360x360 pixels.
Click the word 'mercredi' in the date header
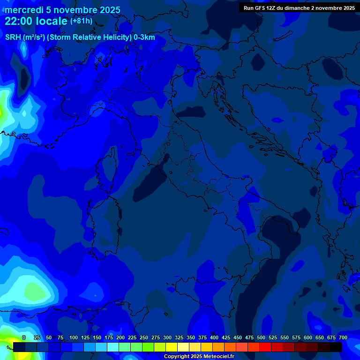point(24,10)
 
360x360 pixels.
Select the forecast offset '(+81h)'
point(81,21)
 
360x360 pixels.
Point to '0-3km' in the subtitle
point(144,37)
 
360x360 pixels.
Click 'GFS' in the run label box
point(260,8)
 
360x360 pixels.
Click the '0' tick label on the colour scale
point(24,337)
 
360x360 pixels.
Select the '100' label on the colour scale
point(74,337)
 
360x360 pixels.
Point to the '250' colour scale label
point(144,337)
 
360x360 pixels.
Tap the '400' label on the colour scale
point(214,337)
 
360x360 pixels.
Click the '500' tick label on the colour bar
point(261,337)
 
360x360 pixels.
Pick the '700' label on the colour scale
point(343,337)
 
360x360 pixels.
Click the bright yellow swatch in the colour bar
point(172,347)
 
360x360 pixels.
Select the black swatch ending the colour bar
point(336,347)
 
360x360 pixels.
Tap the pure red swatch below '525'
point(265,347)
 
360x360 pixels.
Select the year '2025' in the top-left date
point(105,10)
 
